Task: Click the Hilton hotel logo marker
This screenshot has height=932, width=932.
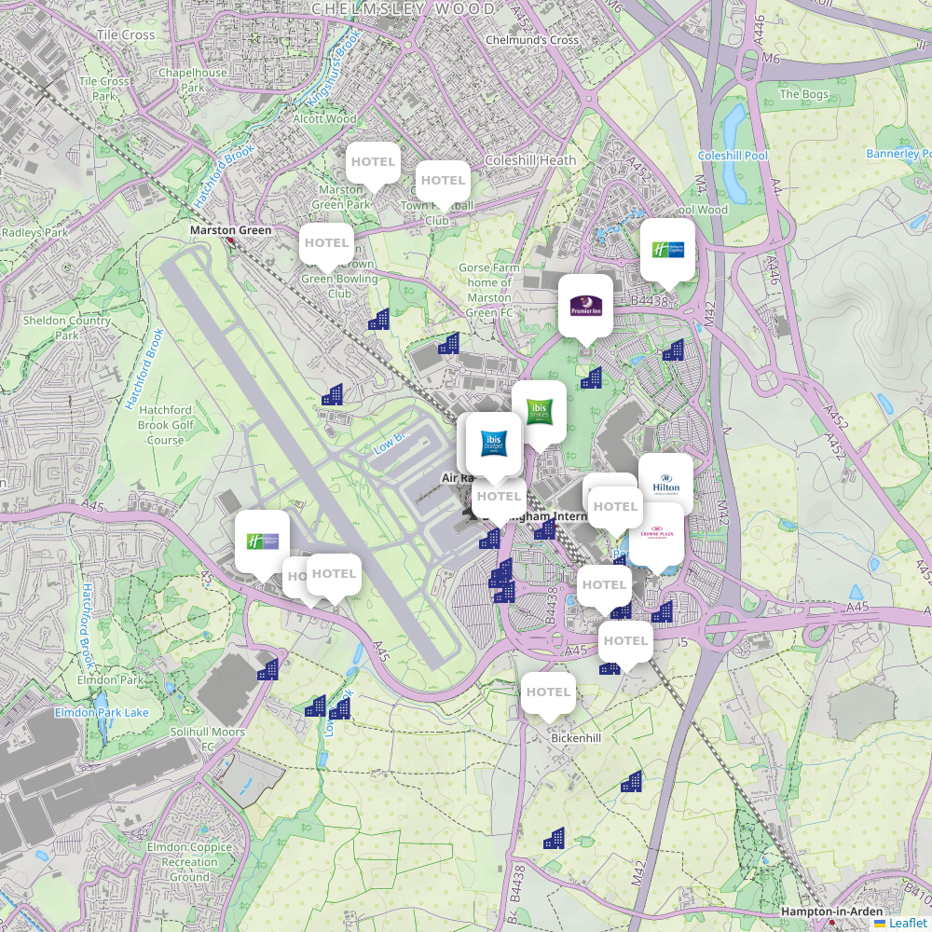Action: point(665,481)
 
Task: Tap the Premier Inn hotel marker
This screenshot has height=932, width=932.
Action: point(585,305)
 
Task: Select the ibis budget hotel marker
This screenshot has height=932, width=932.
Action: point(493,443)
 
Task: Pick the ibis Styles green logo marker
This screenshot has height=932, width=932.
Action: point(539,411)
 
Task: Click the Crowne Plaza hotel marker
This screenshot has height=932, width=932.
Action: point(655,533)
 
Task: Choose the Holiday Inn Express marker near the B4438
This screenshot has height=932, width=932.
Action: point(667,249)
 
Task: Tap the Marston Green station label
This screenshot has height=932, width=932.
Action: point(230,230)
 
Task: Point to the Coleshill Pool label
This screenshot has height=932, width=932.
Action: point(733,156)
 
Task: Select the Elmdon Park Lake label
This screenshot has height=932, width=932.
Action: point(102,713)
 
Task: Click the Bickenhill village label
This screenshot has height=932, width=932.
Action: point(576,738)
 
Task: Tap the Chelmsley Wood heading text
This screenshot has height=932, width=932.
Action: point(404,9)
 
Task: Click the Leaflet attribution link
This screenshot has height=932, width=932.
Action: point(907,923)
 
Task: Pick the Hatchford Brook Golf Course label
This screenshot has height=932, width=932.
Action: point(166,425)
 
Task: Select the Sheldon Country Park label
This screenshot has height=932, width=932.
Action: point(67,327)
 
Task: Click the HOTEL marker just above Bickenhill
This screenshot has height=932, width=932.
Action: point(548,692)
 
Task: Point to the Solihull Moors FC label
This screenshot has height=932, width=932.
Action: point(207,739)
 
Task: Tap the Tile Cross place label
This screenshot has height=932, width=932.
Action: point(126,35)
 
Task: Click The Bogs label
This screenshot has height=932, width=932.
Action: point(802,94)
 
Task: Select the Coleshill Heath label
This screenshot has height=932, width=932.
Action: point(530,160)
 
